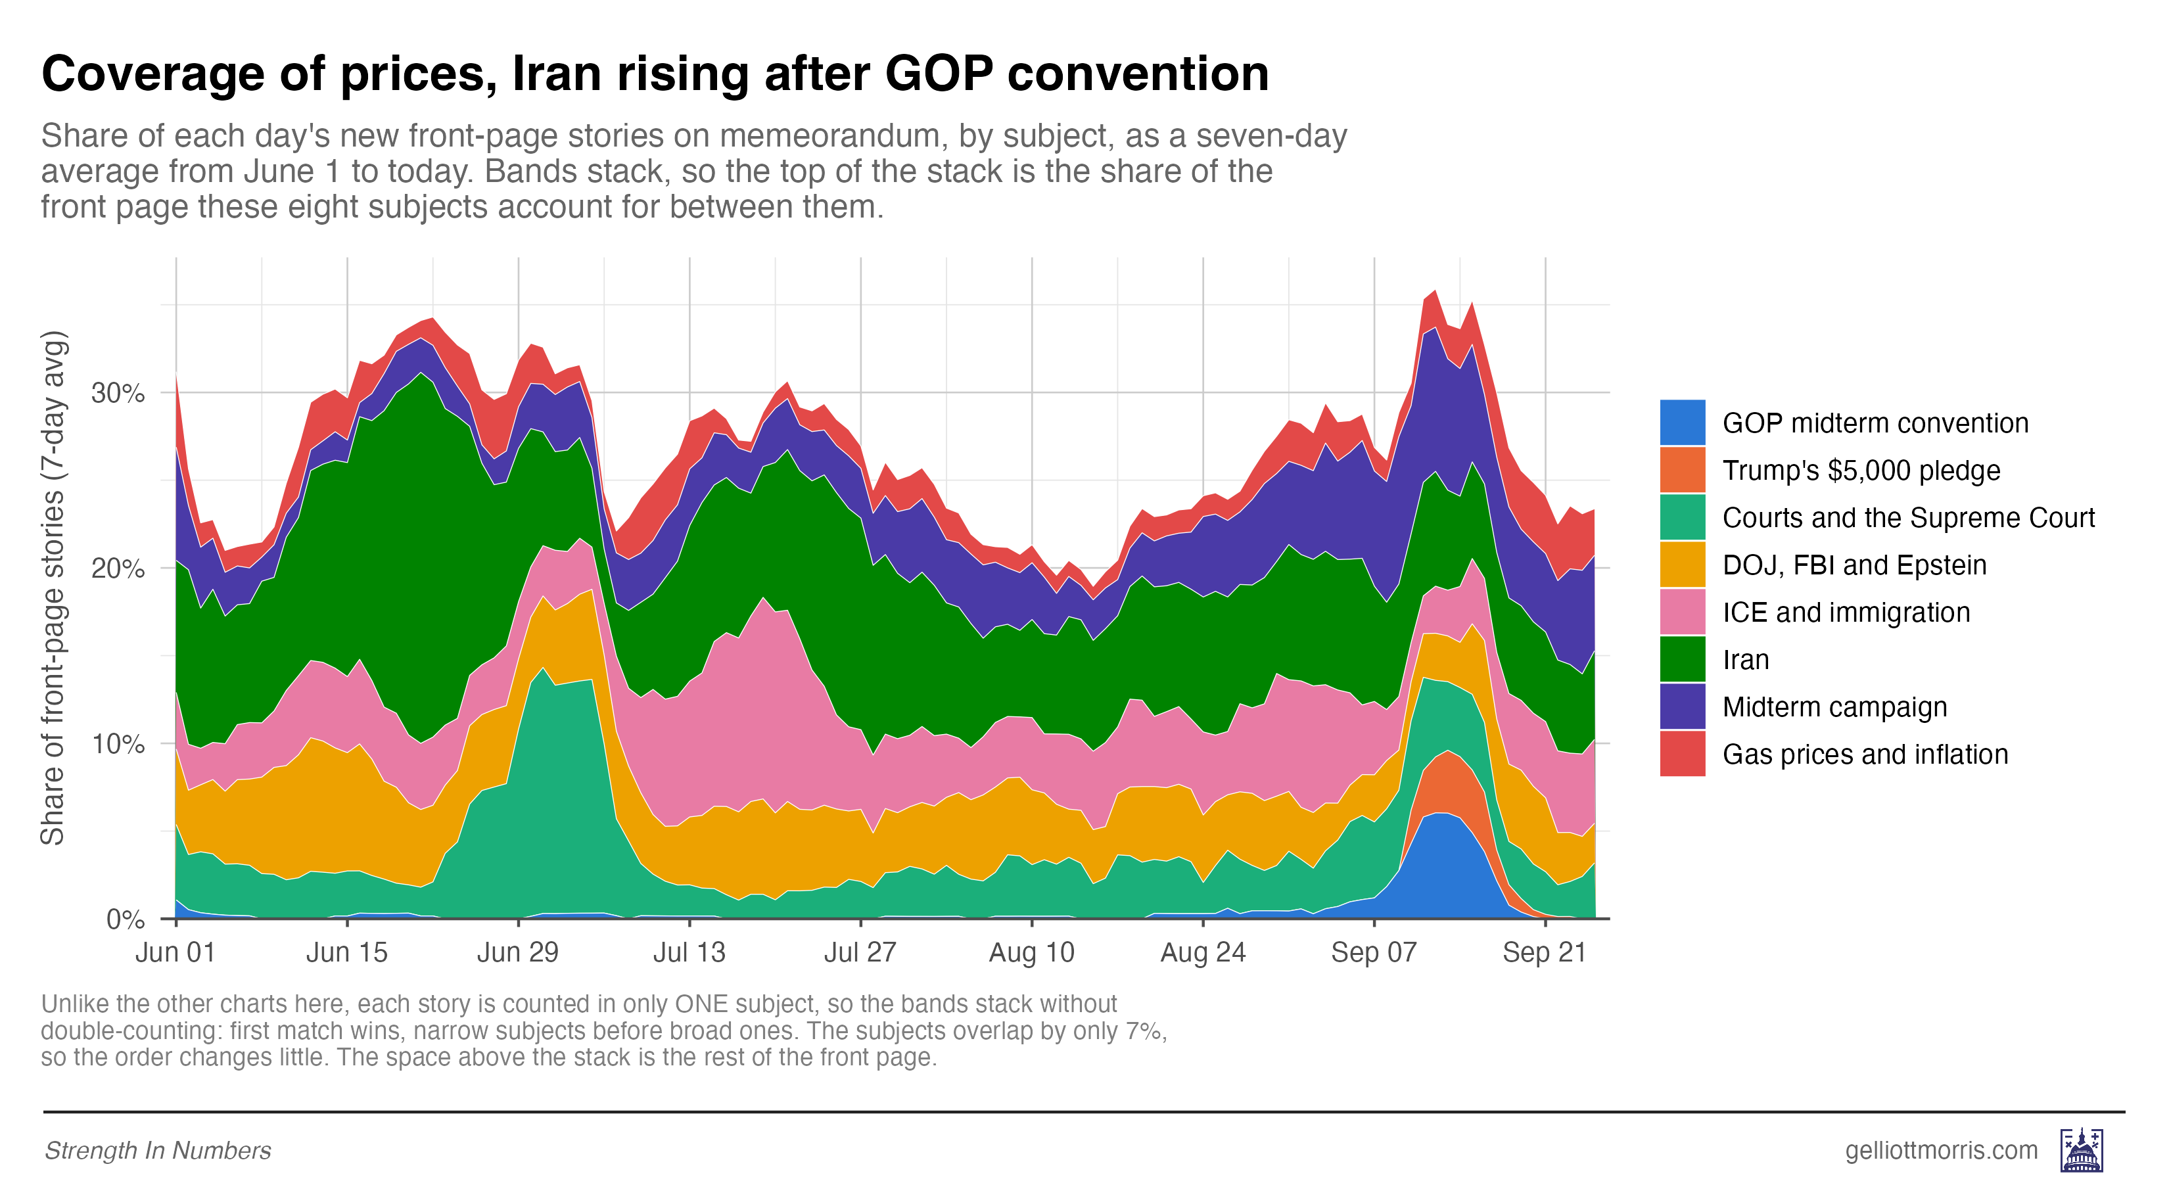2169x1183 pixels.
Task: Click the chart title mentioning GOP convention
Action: [655, 74]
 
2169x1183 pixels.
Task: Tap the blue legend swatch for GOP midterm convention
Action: [1683, 423]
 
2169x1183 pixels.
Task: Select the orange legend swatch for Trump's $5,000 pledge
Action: [1683, 470]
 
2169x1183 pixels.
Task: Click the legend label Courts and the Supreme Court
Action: [1908, 517]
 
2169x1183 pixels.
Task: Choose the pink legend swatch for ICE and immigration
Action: [1683, 612]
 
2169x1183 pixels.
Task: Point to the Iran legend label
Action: [1746, 659]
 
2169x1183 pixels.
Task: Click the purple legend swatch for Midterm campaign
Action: [1683, 707]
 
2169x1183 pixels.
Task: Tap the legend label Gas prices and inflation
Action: [1865, 754]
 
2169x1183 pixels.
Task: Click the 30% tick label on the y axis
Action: [118, 392]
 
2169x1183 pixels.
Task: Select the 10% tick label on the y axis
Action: [118, 743]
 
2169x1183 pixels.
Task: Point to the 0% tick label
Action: [126, 919]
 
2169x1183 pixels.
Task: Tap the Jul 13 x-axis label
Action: [689, 952]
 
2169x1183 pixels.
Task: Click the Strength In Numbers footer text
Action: [158, 1150]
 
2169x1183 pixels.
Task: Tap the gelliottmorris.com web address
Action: [1941, 1150]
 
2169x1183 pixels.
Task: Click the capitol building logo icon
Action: [2082, 1150]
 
